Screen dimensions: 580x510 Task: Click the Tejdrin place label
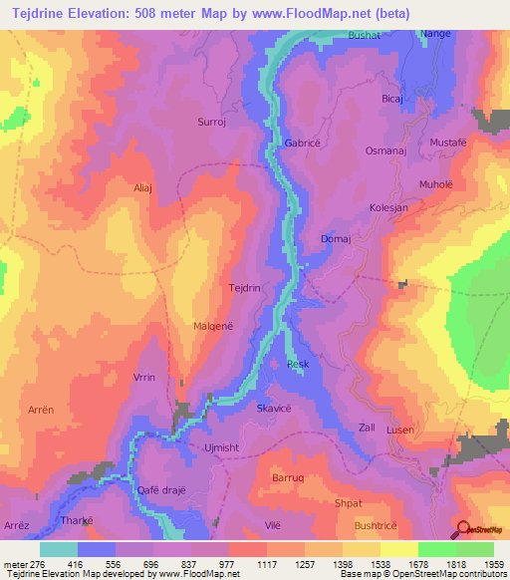(245, 287)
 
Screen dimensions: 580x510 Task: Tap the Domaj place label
(336, 239)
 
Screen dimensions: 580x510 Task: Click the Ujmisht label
(222, 448)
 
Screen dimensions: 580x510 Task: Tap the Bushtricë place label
(376, 523)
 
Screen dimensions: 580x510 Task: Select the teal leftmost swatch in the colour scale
(59, 549)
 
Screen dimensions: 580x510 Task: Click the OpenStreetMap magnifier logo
(464, 527)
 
